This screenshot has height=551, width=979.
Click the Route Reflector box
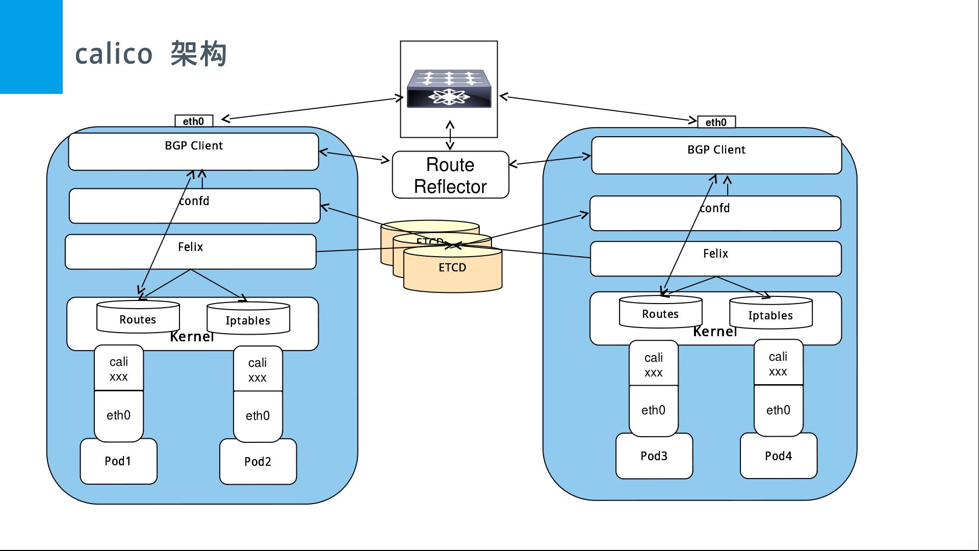[x=450, y=175]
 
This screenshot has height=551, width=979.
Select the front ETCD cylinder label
[x=452, y=267]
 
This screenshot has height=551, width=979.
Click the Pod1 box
[x=118, y=461]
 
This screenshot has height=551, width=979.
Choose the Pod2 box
[x=257, y=462]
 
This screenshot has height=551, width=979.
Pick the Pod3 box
[x=654, y=456]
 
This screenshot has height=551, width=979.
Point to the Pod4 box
[x=778, y=456]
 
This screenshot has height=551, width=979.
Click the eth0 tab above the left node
[x=194, y=121]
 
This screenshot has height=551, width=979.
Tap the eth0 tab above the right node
[x=716, y=122]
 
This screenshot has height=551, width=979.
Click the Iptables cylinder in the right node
[x=770, y=314]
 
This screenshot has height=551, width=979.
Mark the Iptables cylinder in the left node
[x=248, y=319]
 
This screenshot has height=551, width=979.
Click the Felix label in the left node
[x=190, y=247]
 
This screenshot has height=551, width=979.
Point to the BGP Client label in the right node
[x=716, y=150]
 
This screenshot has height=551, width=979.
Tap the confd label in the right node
[x=715, y=208]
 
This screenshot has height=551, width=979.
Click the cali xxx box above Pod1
[x=118, y=369]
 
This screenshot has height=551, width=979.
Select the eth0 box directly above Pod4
[x=778, y=410]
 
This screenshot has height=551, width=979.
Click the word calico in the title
[x=114, y=54]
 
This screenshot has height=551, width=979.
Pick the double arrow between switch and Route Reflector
[x=450, y=135]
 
